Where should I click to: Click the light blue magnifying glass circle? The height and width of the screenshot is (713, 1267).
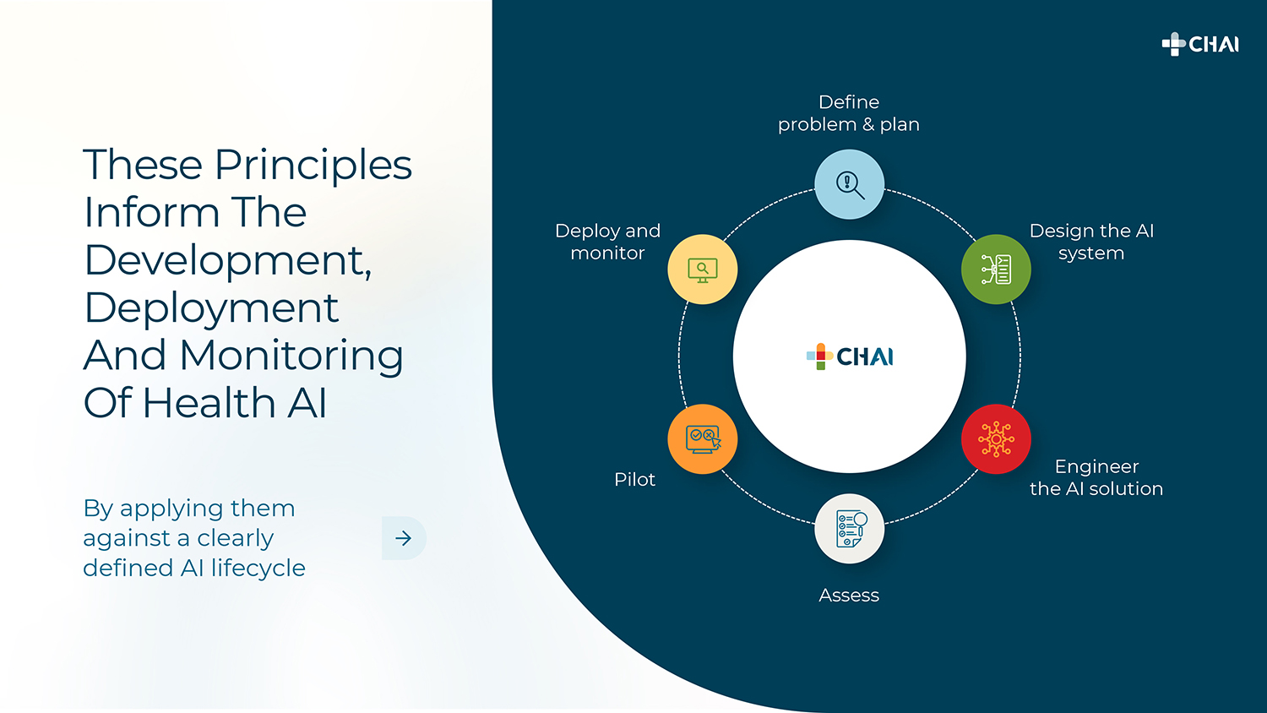pyautogui.click(x=849, y=184)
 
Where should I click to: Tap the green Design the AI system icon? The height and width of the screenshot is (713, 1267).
pyautogui.click(x=996, y=269)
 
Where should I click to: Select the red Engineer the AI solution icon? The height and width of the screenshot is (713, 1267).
pyautogui.click(x=996, y=439)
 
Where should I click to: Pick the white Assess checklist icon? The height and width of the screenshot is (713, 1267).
pyautogui.click(x=849, y=529)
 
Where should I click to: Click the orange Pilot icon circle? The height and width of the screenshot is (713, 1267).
pyautogui.click(x=703, y=439)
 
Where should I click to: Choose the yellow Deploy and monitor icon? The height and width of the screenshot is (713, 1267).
pyautogui.click(x=703, y=269)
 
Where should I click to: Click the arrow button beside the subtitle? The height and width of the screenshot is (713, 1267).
pyautogui.click(x=404, y=538)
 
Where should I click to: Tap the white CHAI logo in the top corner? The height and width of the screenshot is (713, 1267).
pyautogui.click(x=1200, y=44)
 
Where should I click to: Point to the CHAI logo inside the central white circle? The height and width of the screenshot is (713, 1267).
pyautogui.click(x=850, y=356)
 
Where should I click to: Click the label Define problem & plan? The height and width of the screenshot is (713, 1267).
pyautogui.click(x=849, y=113)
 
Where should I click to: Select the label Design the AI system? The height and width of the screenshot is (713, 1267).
pyautogui.click(x=1091, y=242)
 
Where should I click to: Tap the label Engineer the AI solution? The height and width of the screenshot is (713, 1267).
pyautogui.click(x=1096, y=477)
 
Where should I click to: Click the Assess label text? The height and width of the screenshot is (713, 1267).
pyautogui.click(x=849, y=596)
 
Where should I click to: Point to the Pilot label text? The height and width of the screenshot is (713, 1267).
pyautogui.click(x=634, y=480)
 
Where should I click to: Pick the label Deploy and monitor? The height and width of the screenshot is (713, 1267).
pyautogui.click(x=607, y=242)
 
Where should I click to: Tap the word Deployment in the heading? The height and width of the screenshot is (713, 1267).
pyautogui.click(x=211, y=308)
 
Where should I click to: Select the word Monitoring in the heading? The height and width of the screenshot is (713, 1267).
pyautogui.click(x=291, y=356)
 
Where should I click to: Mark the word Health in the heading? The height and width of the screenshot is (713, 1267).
pyautogui.click(x=209, y=403)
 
